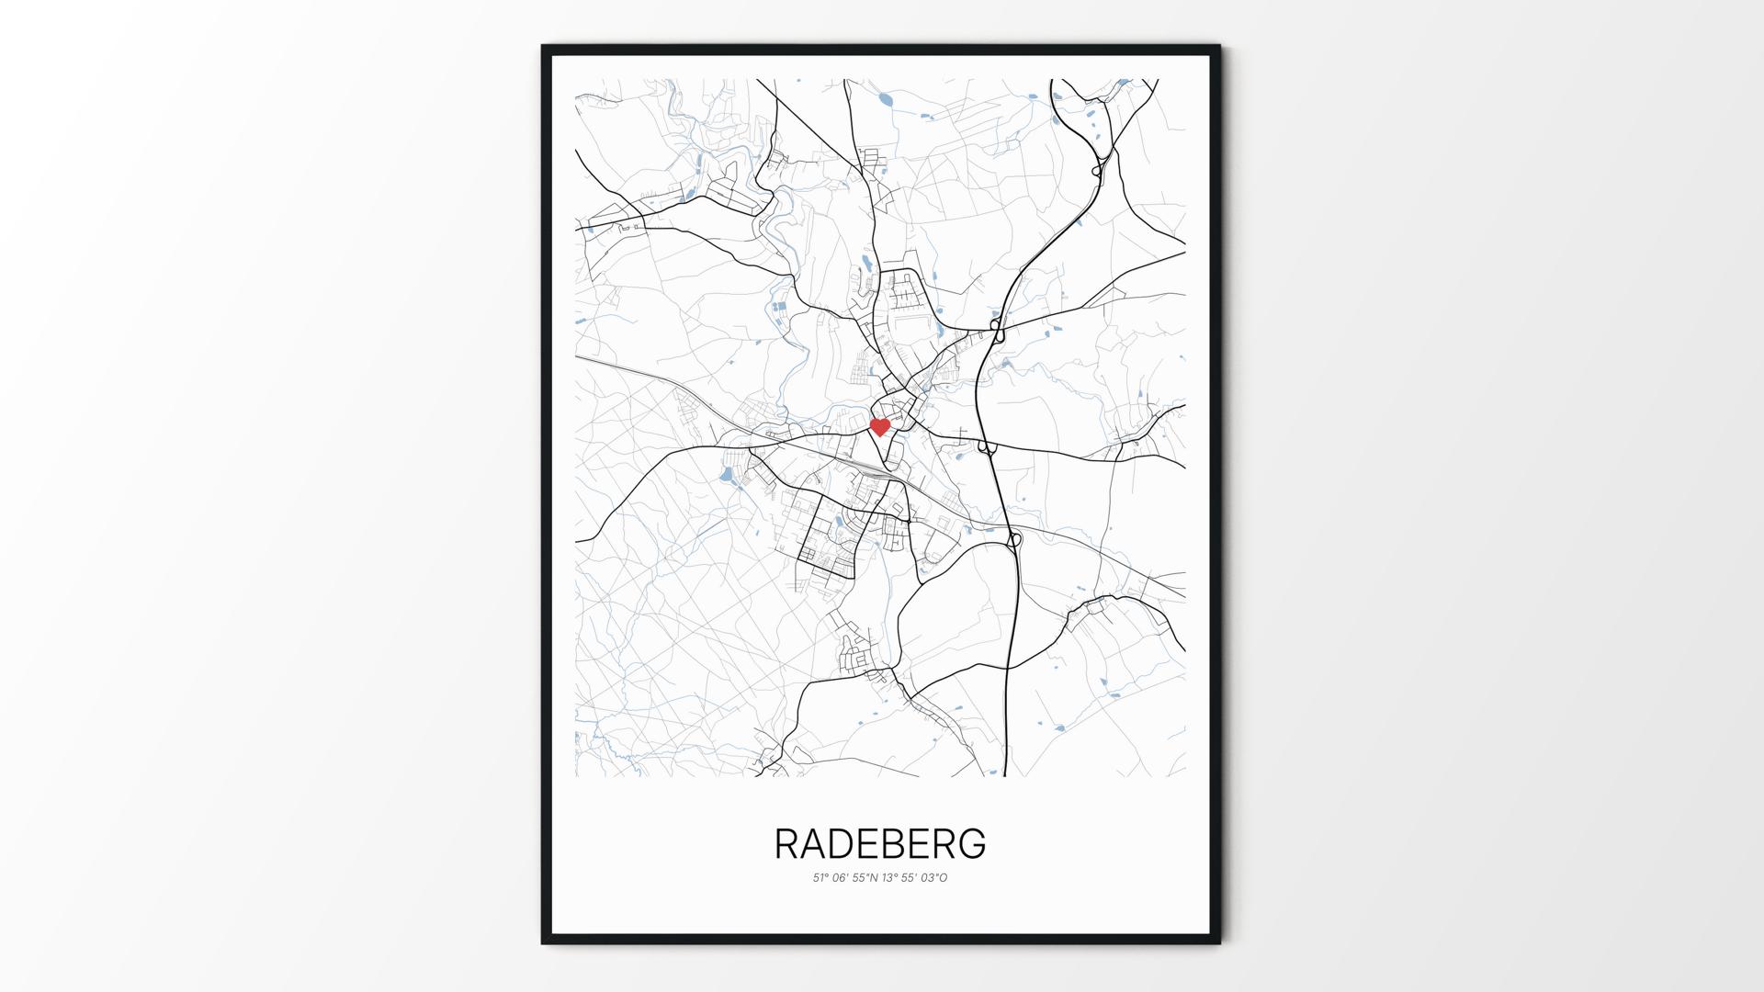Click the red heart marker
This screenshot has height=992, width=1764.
point(879,427)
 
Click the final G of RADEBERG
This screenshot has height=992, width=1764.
point(972,844)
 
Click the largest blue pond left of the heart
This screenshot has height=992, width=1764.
point(726,475)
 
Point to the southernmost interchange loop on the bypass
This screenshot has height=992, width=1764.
point(1014,540)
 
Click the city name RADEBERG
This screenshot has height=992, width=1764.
point(880,844)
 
